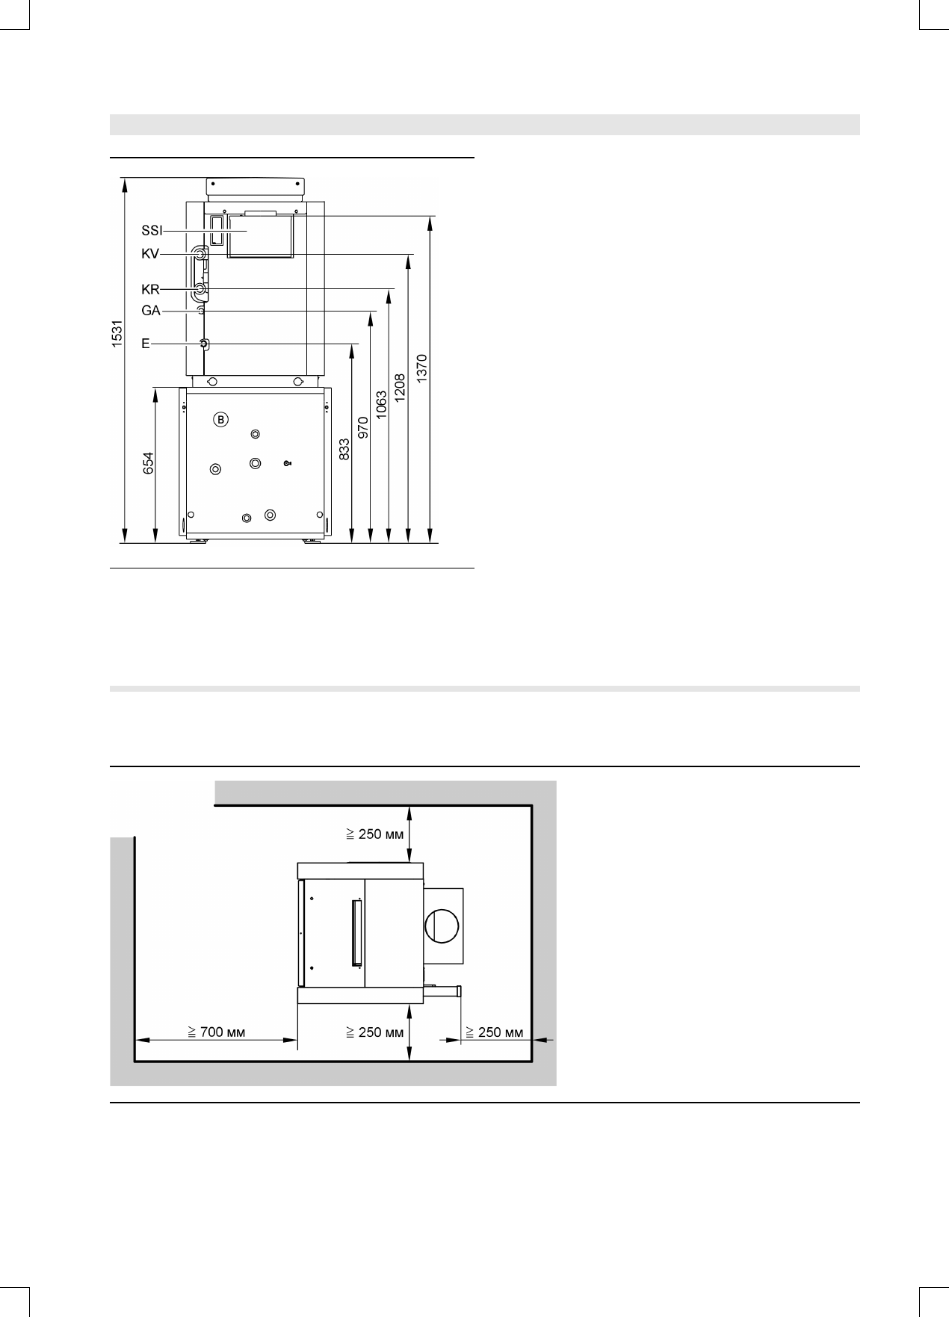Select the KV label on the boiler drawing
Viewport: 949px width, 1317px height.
tap(150, 254)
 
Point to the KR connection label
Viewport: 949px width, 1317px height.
tap(150, 289)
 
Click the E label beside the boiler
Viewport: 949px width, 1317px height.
tap(146, 344)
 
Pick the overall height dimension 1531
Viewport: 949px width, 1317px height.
tap(118, 333)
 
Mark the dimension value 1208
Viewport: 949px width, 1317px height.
tap(401, 388)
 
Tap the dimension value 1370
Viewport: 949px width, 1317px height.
tap(422, 369)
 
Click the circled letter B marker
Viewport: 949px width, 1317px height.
tap(221, 419)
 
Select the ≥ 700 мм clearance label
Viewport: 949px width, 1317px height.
tap(216, 1032)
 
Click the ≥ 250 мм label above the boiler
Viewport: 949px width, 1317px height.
tap(375, 834)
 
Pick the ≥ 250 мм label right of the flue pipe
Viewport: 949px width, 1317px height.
tap(494, 1032)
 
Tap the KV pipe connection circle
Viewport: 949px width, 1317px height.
tap(200, 254)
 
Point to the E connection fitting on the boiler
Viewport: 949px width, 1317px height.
tap(204, 344)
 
